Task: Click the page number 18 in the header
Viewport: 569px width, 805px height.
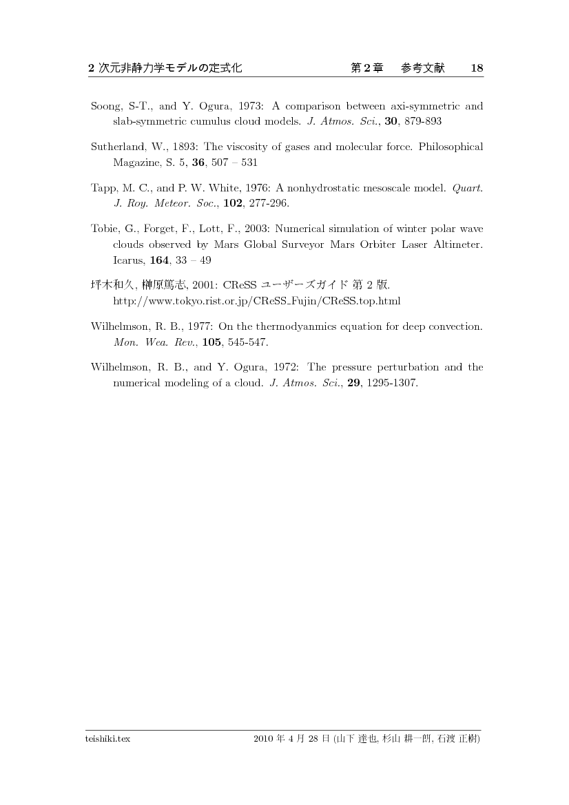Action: pos(477,68)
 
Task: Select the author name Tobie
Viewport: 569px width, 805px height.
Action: pos(104,229)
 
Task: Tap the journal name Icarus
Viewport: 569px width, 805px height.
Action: pos(127,261)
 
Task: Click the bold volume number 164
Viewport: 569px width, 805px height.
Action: pos(160,261)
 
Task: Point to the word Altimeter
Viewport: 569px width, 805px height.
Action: pos(459,244)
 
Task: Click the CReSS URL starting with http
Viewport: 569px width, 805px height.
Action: pos(256,302)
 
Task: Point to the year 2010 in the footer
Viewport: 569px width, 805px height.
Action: pos(264,739)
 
